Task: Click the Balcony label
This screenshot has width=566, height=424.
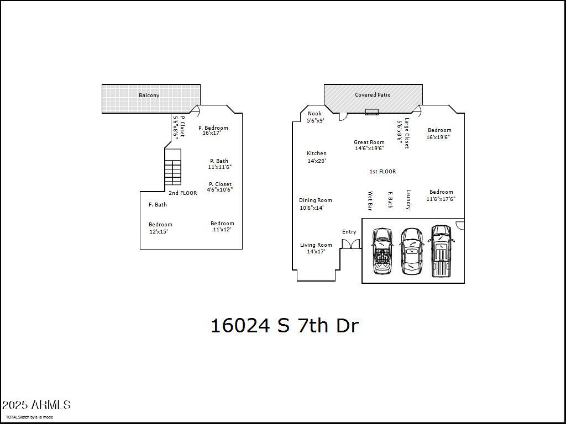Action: coord(149,96)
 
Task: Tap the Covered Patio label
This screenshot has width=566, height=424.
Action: coord(373,95)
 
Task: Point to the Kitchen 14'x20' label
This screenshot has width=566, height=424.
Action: coord(317,157)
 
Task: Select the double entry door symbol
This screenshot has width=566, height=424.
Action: coord(350,243)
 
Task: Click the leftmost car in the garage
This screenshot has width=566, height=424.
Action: coord(382,251)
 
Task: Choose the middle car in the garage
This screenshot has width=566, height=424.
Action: coord(411,251)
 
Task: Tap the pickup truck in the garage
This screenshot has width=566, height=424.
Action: coord(441,251)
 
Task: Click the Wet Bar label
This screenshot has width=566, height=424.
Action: coord(370,201)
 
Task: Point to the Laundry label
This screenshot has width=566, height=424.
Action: coord(408,200)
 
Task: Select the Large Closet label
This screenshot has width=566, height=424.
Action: coord(407,133)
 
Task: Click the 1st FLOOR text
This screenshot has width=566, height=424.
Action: coord(382,172)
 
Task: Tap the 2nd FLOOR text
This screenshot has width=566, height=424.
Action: coord(183,193)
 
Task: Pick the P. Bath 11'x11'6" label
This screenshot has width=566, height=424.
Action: coord(219,164)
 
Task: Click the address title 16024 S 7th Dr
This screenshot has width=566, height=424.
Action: coord(285,326)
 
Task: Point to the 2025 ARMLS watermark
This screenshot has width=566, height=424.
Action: coord(36,405)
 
